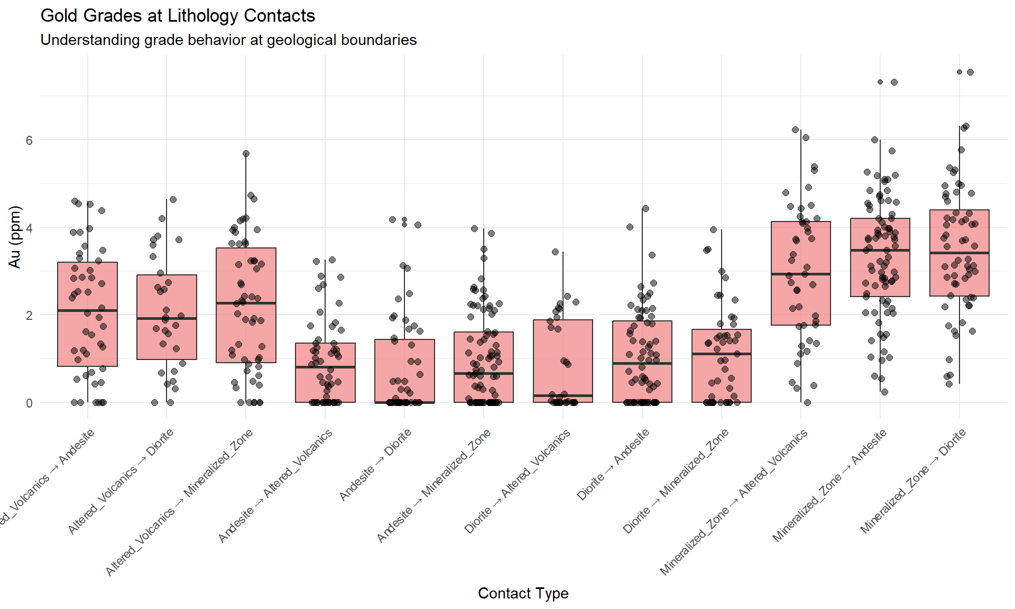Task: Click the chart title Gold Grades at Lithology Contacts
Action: [x=178, y=16]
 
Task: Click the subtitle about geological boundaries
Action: [x=228, y=40]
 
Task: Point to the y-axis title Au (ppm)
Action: [x=15, y=237]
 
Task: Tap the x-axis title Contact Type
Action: [x=523, y=593]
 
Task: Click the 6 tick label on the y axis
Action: [x=29, y=140]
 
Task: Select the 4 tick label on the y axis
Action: [x=29, y=228]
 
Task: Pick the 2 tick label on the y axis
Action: [x=29, y=315]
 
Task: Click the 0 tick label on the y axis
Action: [x=29, y=403]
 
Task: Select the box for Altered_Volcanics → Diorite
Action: [x=167, y=338]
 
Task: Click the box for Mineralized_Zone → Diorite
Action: [x=959, y=275]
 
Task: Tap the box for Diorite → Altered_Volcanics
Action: [x=563, y=359]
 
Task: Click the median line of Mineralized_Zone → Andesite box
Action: [x=880, y=250]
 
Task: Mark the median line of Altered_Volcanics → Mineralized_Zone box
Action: [x=246, y=303]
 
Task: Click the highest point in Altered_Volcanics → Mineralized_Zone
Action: [x=246, y=154]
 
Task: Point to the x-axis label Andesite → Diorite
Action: [x=375, y=465]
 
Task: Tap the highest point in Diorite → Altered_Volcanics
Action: [x=556, y=252]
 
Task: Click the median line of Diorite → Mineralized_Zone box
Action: [x=722, y=354]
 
